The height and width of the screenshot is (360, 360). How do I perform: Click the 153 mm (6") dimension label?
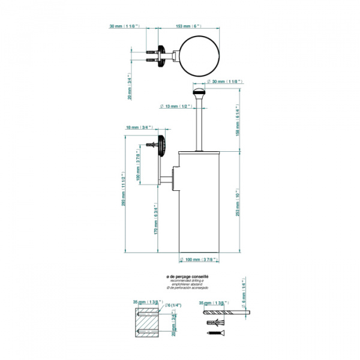click(x=187, y=26)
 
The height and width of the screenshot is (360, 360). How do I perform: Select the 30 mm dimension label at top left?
click(x=124, y=26)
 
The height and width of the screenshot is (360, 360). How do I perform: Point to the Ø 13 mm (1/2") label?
click(x=176, y=106)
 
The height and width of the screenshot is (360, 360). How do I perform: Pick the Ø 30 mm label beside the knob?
click(x=223, y=81)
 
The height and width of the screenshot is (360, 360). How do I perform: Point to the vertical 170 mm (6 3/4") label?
click(x=155, y=221)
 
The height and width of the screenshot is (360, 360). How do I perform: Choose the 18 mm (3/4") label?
click(x=140, y=128)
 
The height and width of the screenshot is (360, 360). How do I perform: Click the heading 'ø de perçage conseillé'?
click(x=188, y=277)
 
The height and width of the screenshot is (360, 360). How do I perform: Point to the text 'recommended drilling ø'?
click(x=187, y=281)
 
